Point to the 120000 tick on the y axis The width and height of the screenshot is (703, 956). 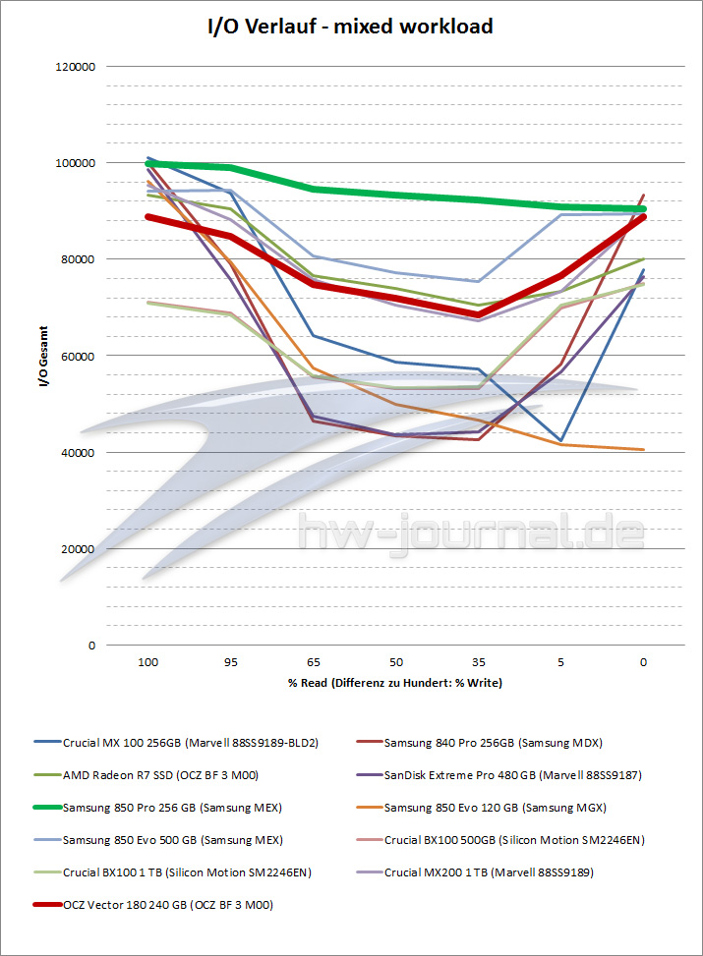76,67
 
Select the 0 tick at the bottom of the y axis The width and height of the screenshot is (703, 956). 90,646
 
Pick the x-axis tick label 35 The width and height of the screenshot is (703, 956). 478,662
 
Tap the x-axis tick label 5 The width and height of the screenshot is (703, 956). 561,662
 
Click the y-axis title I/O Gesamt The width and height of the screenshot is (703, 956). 42,356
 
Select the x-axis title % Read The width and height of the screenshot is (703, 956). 395,682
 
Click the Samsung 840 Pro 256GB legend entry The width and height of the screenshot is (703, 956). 493,743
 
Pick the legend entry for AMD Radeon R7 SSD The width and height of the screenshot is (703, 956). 174,775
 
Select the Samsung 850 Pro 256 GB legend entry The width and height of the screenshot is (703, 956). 172,808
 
